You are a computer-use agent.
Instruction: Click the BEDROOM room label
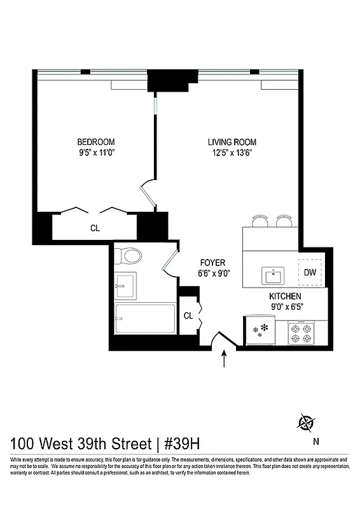(x=96, y=141)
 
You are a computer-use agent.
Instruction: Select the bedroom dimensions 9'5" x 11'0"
(x=96, y=152)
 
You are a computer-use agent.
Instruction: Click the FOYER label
(x=212, y=262)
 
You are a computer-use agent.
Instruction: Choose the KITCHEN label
(x=285, y=296)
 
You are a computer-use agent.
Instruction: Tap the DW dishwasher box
(x=310, y=272)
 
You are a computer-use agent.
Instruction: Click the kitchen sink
(x=274, y=275)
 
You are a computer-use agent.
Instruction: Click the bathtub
(x=144, y=319)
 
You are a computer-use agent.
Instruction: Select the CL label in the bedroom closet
(x=94, y=228)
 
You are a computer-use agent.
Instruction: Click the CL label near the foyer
(x=188, y=316)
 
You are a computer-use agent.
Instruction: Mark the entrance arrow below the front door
(x=223, y=361)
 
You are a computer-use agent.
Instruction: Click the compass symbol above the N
(x=307, y=421)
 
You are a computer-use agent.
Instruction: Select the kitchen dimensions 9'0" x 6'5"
(x=285, y=307)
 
